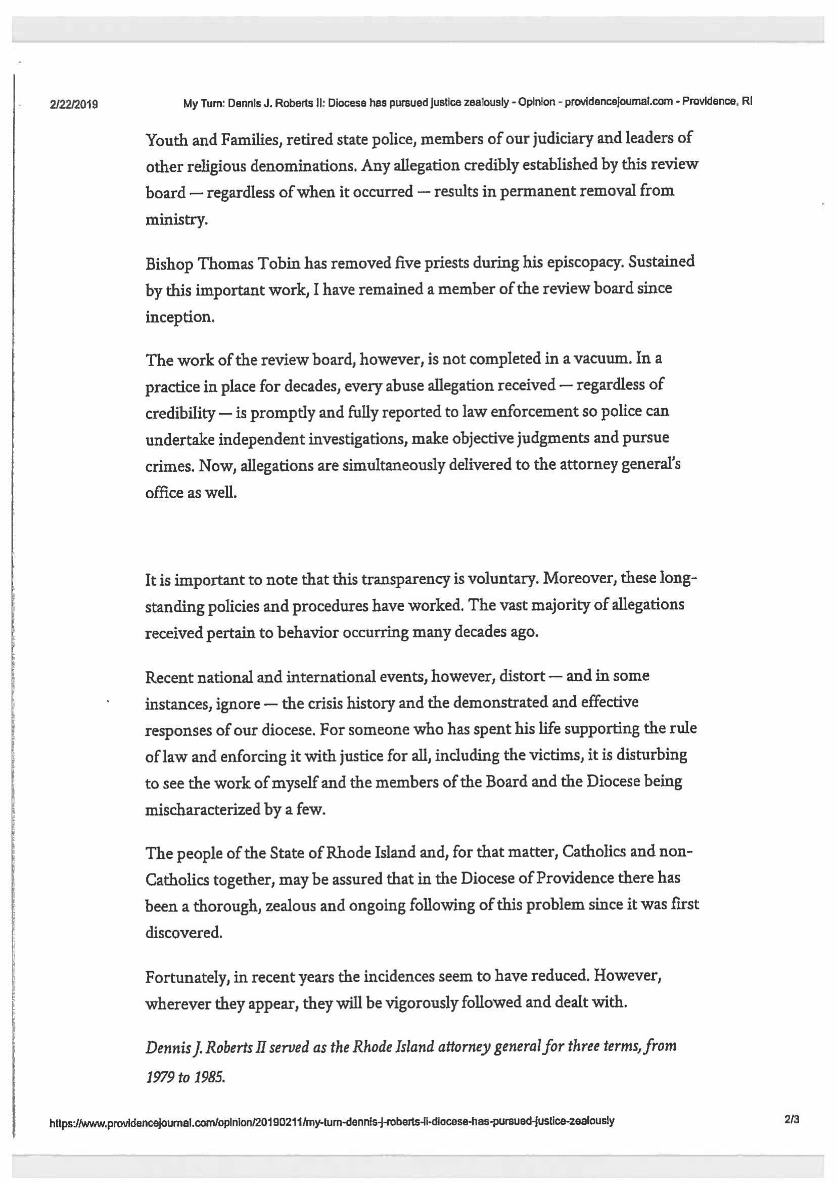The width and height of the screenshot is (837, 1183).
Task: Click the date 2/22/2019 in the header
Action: tap(74, 105)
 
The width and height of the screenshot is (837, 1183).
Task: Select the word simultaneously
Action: tap(394, 465)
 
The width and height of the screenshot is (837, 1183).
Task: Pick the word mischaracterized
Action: tap(204, 810)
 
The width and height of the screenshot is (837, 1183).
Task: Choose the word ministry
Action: tap(176, 221)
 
